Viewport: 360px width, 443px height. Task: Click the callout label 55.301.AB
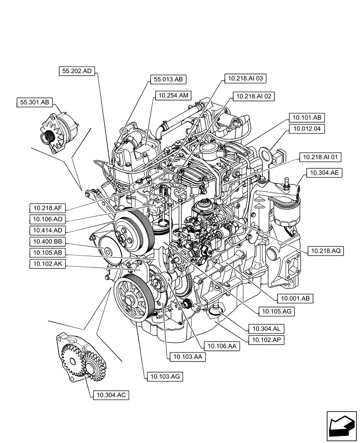click(34, 102)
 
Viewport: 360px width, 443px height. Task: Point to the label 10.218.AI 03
click(245, 79)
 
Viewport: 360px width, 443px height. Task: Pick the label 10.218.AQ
click(325, 251)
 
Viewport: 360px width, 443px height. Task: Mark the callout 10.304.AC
click(111, 395)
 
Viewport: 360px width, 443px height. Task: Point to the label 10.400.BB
click(47, 241)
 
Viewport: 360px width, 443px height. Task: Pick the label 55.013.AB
click(168, 79)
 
